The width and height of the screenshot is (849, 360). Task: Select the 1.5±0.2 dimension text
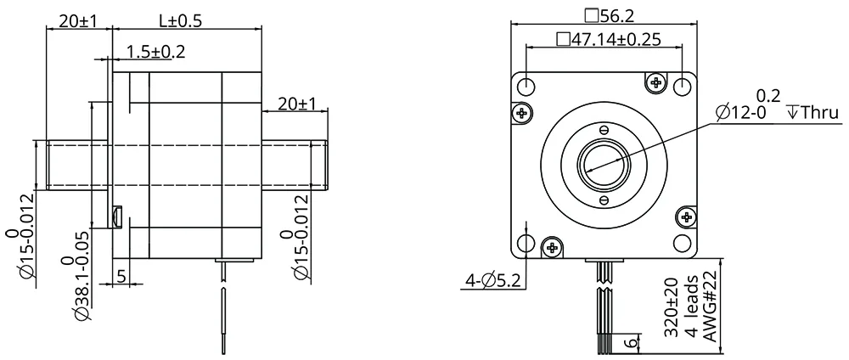[155, 52]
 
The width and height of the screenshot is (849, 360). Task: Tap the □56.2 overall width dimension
[609, 15]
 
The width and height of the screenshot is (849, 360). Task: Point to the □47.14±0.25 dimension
[608, 39]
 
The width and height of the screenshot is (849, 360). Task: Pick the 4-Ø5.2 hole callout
[492, 280]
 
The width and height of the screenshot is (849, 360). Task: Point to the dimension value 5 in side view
[121, 277]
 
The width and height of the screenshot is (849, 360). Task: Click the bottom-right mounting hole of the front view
[683, 242]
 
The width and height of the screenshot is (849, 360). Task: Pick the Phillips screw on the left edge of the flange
[522, 113]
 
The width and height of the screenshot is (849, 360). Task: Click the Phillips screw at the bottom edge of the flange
[553, 247]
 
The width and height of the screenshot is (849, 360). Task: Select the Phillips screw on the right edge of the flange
[687, 217]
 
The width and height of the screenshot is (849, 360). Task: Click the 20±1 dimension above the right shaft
[296, 103]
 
